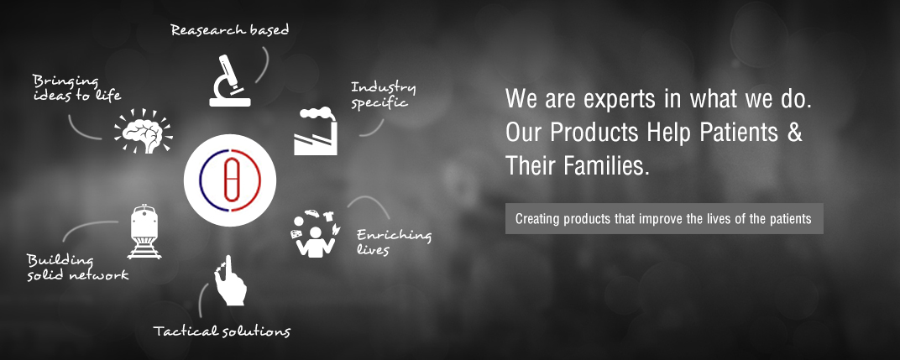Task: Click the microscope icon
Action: [229, 81]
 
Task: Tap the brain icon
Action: [144, 131]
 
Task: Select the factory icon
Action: [316, 131]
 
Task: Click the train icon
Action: [144, 232]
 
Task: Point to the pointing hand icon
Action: [230, 280]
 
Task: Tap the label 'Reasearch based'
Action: [229, 30]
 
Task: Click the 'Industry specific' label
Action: [384, 96]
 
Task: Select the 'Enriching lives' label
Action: [394, 242]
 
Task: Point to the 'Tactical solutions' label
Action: [222, 331]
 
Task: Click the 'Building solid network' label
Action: [77, 268]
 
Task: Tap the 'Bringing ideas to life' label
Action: [77, 88]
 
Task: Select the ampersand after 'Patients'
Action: [794, 133]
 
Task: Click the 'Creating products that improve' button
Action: [664, 219]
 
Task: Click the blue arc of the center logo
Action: [201, 180]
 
